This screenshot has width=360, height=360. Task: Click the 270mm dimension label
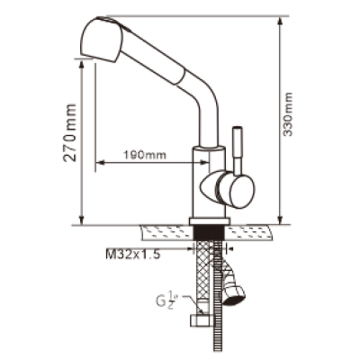tap(69, 132)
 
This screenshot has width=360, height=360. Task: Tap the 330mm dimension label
tap(288, 114)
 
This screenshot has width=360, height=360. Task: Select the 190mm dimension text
tap(145, 155)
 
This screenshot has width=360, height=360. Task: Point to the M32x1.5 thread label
tap(133, 255)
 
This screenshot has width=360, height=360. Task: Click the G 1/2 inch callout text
tap(166, 301)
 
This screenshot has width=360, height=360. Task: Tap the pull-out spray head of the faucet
tap(102, 40)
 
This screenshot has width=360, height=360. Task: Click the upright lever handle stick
tap(238, 150)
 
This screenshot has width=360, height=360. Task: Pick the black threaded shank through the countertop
tap(210, 232)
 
